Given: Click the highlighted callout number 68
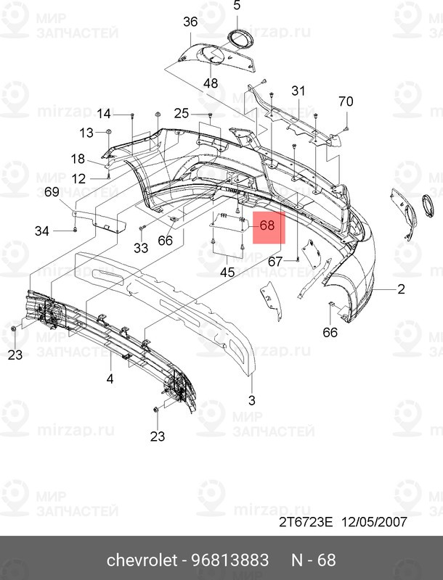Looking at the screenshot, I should pyautogui.click(x=267, y=225).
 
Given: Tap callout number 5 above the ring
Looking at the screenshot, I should pyautogui.click(x=236, y=7).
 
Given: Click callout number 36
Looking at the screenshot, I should pyautogui.click(x=190, y=22).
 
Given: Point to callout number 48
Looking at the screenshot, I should pyautogui.click(x=211, y=83).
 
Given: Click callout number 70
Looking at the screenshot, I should pyautogui.click(x=346, y=101).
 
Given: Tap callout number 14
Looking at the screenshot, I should pyautogui.click(x=105, y=114).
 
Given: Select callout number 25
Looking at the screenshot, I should pyautogui.click(x=181, y=114).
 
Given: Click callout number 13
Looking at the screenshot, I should pyautogui.click(x=86, y=133).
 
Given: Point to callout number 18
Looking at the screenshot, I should pyautogui.click(x=78, y=159).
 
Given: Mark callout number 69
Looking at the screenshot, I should pyautogui.click(x=52, y=192).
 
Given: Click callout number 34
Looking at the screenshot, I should pyautogui.click(x=42, y=231).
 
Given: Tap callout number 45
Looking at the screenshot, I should pyautogui.click(x=227, y=273).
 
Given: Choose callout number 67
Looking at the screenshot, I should pyautogui.click(x=275, y=261).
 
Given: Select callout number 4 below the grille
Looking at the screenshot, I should pyautogui.click(x=110, y=378).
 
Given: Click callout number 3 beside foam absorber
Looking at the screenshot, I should pyautogui.click(x=252, y=400).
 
